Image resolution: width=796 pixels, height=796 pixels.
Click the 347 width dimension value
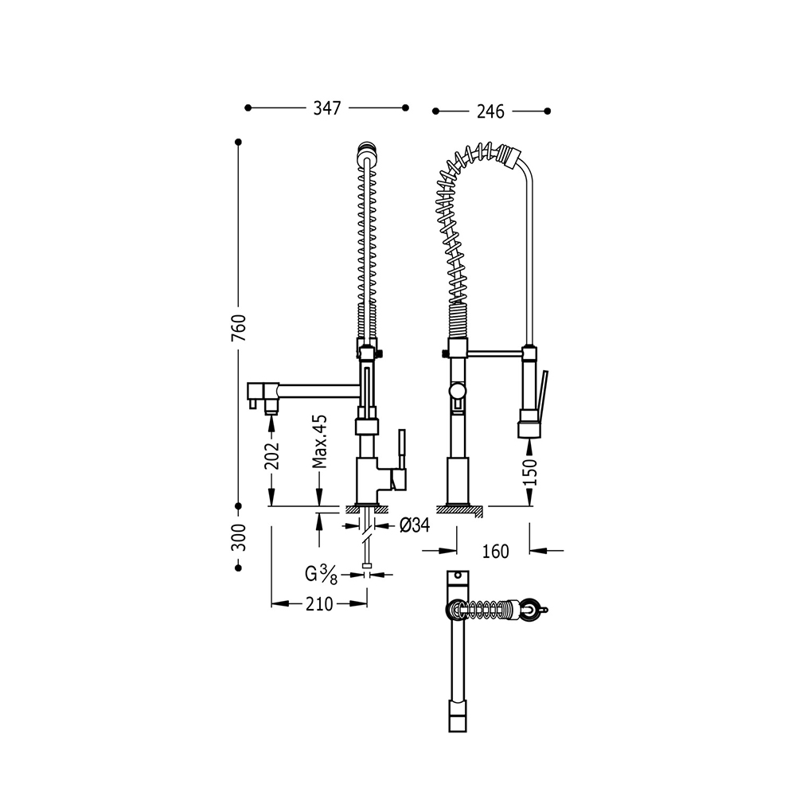click(x=327, y=108)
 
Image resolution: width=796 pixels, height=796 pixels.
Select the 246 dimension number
click(x=490, y=111)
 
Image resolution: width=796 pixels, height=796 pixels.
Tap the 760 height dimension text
click(x=239, y=327)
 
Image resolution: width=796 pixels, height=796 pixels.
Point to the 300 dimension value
click(x=239, y=537)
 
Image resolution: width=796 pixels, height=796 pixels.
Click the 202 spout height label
click(x=271, y=455)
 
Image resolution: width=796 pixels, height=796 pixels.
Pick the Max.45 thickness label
click(x=320, y=441)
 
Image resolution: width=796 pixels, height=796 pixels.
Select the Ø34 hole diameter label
click(x=415, y=525)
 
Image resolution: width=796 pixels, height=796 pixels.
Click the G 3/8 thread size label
click(x=321, y=575)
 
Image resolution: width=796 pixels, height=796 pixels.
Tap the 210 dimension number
click(x=319, y=604)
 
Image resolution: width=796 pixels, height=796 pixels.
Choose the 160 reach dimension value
click(x=495, y=552)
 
